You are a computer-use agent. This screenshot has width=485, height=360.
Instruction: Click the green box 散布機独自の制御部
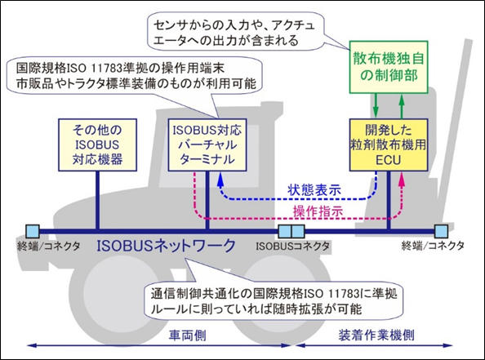pos(389,67)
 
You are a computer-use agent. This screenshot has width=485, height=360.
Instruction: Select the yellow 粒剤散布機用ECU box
pos(389,144)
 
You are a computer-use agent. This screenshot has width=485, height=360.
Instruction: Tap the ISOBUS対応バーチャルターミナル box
pos(207,144)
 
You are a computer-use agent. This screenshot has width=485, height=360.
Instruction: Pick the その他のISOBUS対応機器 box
pos(98,144)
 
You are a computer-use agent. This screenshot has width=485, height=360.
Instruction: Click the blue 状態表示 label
pos(314,189)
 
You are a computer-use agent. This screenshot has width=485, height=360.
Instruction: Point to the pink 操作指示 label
pos(318,211)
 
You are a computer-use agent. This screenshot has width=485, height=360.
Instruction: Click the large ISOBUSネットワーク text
pos(166,246)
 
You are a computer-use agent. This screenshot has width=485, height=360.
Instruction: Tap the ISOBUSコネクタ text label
pos(292,247)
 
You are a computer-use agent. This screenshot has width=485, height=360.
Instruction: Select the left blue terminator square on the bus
pos(33,231)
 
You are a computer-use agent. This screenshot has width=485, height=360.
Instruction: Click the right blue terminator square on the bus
pos(441,231)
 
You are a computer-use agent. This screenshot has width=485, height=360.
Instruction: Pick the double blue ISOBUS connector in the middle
pos(291,231)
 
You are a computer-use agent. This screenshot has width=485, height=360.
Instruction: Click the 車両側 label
pos(188,336)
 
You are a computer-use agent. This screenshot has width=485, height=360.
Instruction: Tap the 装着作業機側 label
pos(376,336)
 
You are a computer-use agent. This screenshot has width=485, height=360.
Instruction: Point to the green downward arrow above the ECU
pos(376,105)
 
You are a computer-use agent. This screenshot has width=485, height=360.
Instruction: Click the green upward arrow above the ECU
pos(402,106)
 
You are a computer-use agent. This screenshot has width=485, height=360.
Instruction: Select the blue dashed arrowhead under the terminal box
pos(220,179)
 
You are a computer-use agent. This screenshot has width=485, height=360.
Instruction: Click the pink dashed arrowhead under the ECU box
pos(402,179)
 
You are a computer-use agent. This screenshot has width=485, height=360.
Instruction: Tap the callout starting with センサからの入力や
pos(236,32)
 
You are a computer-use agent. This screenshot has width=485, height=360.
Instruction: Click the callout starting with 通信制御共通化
pos(274,301)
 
